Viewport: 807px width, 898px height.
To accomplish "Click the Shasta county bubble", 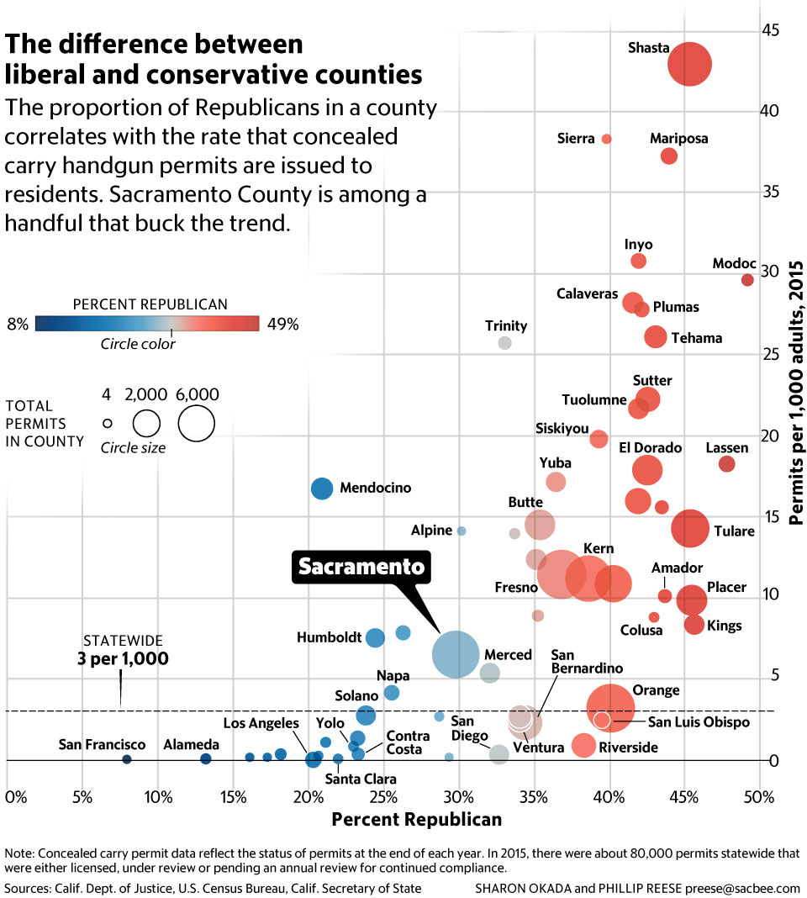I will point(689,64).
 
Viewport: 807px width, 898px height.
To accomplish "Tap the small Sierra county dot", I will point(607,139).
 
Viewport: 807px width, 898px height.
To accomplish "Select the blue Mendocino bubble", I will point(322,488).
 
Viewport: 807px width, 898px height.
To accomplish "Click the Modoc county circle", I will point(747,280).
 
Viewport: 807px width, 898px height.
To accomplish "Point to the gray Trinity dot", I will point(504,342).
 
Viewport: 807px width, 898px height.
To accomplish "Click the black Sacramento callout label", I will point(361,568).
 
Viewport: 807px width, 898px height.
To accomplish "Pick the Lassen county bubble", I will point(727,464).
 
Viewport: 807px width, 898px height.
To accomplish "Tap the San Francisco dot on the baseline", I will point(127,759).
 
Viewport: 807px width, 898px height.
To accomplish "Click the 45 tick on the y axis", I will point(770,31).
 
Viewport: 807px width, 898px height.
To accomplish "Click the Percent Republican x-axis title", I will point(416,819).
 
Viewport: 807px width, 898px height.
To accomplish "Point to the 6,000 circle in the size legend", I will point(196,422).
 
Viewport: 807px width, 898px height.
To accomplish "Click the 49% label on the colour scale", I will point(282,324).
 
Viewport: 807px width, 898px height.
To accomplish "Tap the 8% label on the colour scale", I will point(18,324).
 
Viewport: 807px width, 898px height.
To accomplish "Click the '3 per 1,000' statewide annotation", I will point(123,658).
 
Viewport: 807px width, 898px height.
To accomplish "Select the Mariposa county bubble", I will point(669,156).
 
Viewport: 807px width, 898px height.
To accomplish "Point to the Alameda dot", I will point(205,759).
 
